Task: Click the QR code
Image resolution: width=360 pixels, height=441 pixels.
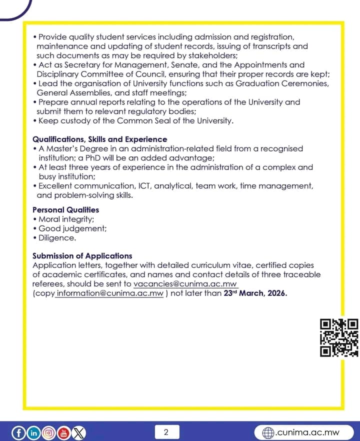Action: coord(339,337)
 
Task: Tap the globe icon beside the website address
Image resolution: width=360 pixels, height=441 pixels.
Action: coord(268,432)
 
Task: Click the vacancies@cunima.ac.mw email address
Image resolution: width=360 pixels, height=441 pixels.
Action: coord(185,284)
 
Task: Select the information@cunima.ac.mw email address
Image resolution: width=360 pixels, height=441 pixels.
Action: coord(110,293)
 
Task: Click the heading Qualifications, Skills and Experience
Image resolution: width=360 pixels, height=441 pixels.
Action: coord(100,139)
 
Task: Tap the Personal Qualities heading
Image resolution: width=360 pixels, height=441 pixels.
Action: coord(65,210)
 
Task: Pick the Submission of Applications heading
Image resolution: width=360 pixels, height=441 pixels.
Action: coord(82,256)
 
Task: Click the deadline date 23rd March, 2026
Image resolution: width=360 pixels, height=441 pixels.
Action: coord(255,293)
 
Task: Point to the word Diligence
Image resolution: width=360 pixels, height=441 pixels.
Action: coord(57,238)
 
